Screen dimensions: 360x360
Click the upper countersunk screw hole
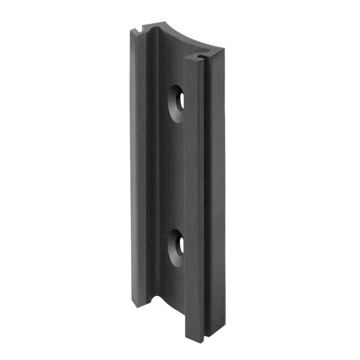click(177, 103)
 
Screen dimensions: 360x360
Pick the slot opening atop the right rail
click(200, 58)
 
